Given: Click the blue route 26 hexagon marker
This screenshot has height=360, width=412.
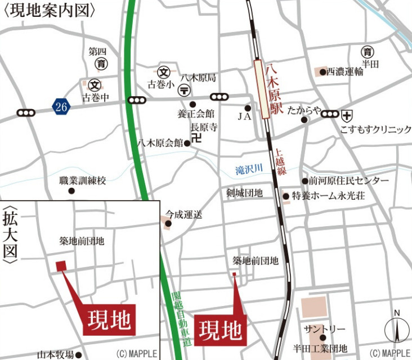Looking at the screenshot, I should [x=62, y=105].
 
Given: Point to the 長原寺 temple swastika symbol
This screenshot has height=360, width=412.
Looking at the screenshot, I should [x=196, y=137].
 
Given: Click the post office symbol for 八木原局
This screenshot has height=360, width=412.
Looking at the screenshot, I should [x=183, y=90].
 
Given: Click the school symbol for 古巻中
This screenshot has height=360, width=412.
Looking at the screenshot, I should [x=95, y=85].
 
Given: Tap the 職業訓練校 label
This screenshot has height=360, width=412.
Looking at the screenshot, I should [x=83, y=181].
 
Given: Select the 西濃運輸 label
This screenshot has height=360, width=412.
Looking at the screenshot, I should [x=345, y=71].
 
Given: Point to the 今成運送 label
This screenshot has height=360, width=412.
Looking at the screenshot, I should [x=183, y=214].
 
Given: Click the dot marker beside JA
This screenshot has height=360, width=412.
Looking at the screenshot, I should [x=248, y=107].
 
